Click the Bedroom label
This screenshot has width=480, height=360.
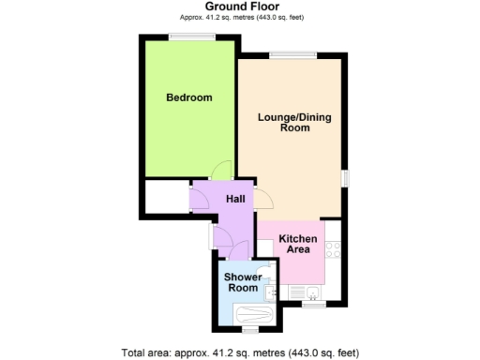pos(188,97)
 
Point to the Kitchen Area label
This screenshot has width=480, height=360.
pos(297,245)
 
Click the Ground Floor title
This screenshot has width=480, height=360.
pos(241,7)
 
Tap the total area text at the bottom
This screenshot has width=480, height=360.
pos(240,352)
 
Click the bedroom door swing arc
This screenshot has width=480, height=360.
pos(220,170)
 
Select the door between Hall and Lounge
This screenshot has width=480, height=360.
pos(266,199)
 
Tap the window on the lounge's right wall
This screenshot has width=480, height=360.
pos(344,178)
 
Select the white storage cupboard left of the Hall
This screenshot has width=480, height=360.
pos(166,198)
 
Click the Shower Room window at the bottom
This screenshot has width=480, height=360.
pos(249,330)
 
